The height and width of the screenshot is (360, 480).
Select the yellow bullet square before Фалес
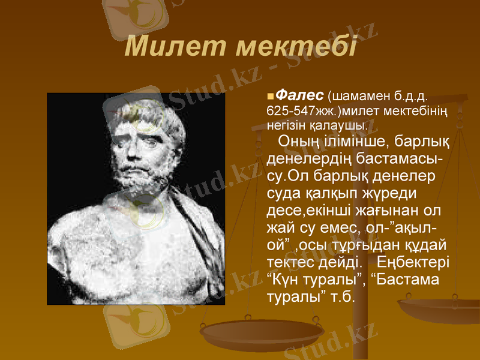269,96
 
